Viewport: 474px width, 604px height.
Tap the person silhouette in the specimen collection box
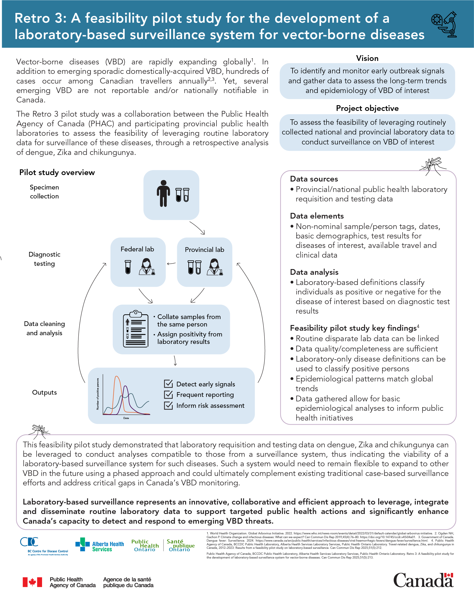pyautogui.click(x=163, y=193)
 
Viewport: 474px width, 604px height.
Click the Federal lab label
pyautogui.click(x=137, y=249)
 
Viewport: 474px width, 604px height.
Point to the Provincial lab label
pyautogui.click(x=204, y=250)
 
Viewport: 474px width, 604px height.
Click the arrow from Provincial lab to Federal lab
pyautogui.click(x=171, y=263)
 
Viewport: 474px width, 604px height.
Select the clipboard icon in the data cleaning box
pyautogui.click(x=135, y=329)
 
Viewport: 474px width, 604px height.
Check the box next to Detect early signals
pyautogui.click(x=168, y=384)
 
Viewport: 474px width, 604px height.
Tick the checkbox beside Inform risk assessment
pyautogui.click(x=168, y=405)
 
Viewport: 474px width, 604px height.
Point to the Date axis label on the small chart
pyautogui.click(x=126, y=418)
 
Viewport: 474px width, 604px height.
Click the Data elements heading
pyautogui.click(x=317, y=216)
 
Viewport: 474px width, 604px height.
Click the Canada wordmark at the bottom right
pyautogui.click(x=423, y=580)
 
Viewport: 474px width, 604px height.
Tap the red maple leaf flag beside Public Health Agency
pyautogui.click(x=32, y=582)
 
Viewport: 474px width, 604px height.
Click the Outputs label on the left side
pyautogui.click(x=44, y=392)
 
